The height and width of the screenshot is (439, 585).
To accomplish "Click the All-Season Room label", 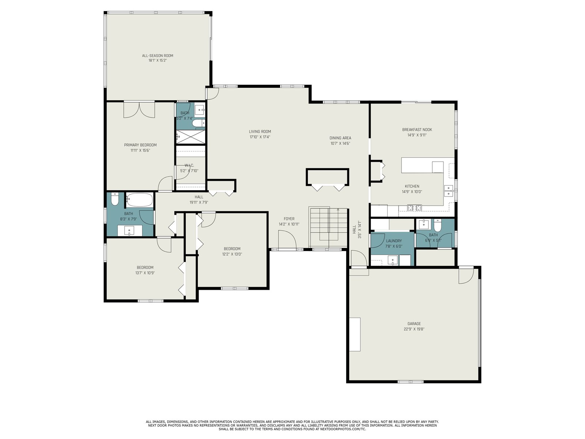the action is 158,56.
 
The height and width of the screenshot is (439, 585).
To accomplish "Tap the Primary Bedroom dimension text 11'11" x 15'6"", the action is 140,150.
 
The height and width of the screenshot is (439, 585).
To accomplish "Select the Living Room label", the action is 260,131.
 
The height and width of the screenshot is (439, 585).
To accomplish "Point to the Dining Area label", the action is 340,138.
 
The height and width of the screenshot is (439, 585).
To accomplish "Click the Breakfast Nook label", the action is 417,130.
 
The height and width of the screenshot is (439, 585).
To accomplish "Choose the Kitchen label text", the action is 412,186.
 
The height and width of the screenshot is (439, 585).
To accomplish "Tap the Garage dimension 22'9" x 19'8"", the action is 414,329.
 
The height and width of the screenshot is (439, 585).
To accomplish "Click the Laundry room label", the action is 394,241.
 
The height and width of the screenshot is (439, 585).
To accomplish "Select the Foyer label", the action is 289,219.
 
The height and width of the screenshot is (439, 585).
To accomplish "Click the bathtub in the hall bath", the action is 139,200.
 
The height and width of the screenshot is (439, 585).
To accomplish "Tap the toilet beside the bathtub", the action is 114,199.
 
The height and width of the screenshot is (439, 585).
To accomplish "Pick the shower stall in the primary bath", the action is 190,137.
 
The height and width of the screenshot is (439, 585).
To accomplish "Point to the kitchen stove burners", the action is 414,207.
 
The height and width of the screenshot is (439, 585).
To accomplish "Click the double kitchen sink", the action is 449,191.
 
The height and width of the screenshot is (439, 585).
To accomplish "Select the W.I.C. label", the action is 189,165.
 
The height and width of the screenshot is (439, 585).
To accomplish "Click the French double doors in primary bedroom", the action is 139,109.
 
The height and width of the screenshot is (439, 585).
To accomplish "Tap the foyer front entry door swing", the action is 287,240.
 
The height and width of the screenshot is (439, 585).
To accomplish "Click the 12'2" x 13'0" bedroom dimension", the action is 232,254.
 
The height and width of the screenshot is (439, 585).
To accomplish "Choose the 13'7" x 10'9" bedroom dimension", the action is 145,273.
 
